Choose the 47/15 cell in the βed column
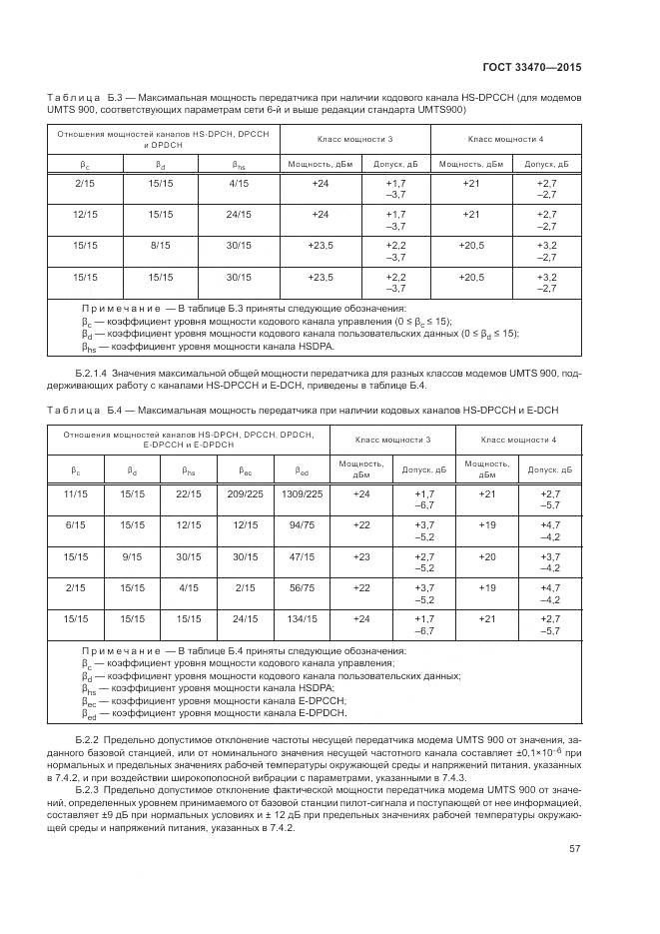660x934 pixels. (303, 556)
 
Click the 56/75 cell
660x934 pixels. (303, 588)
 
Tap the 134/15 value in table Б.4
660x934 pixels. (303, 619)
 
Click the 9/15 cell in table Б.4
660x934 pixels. (131, 556)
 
